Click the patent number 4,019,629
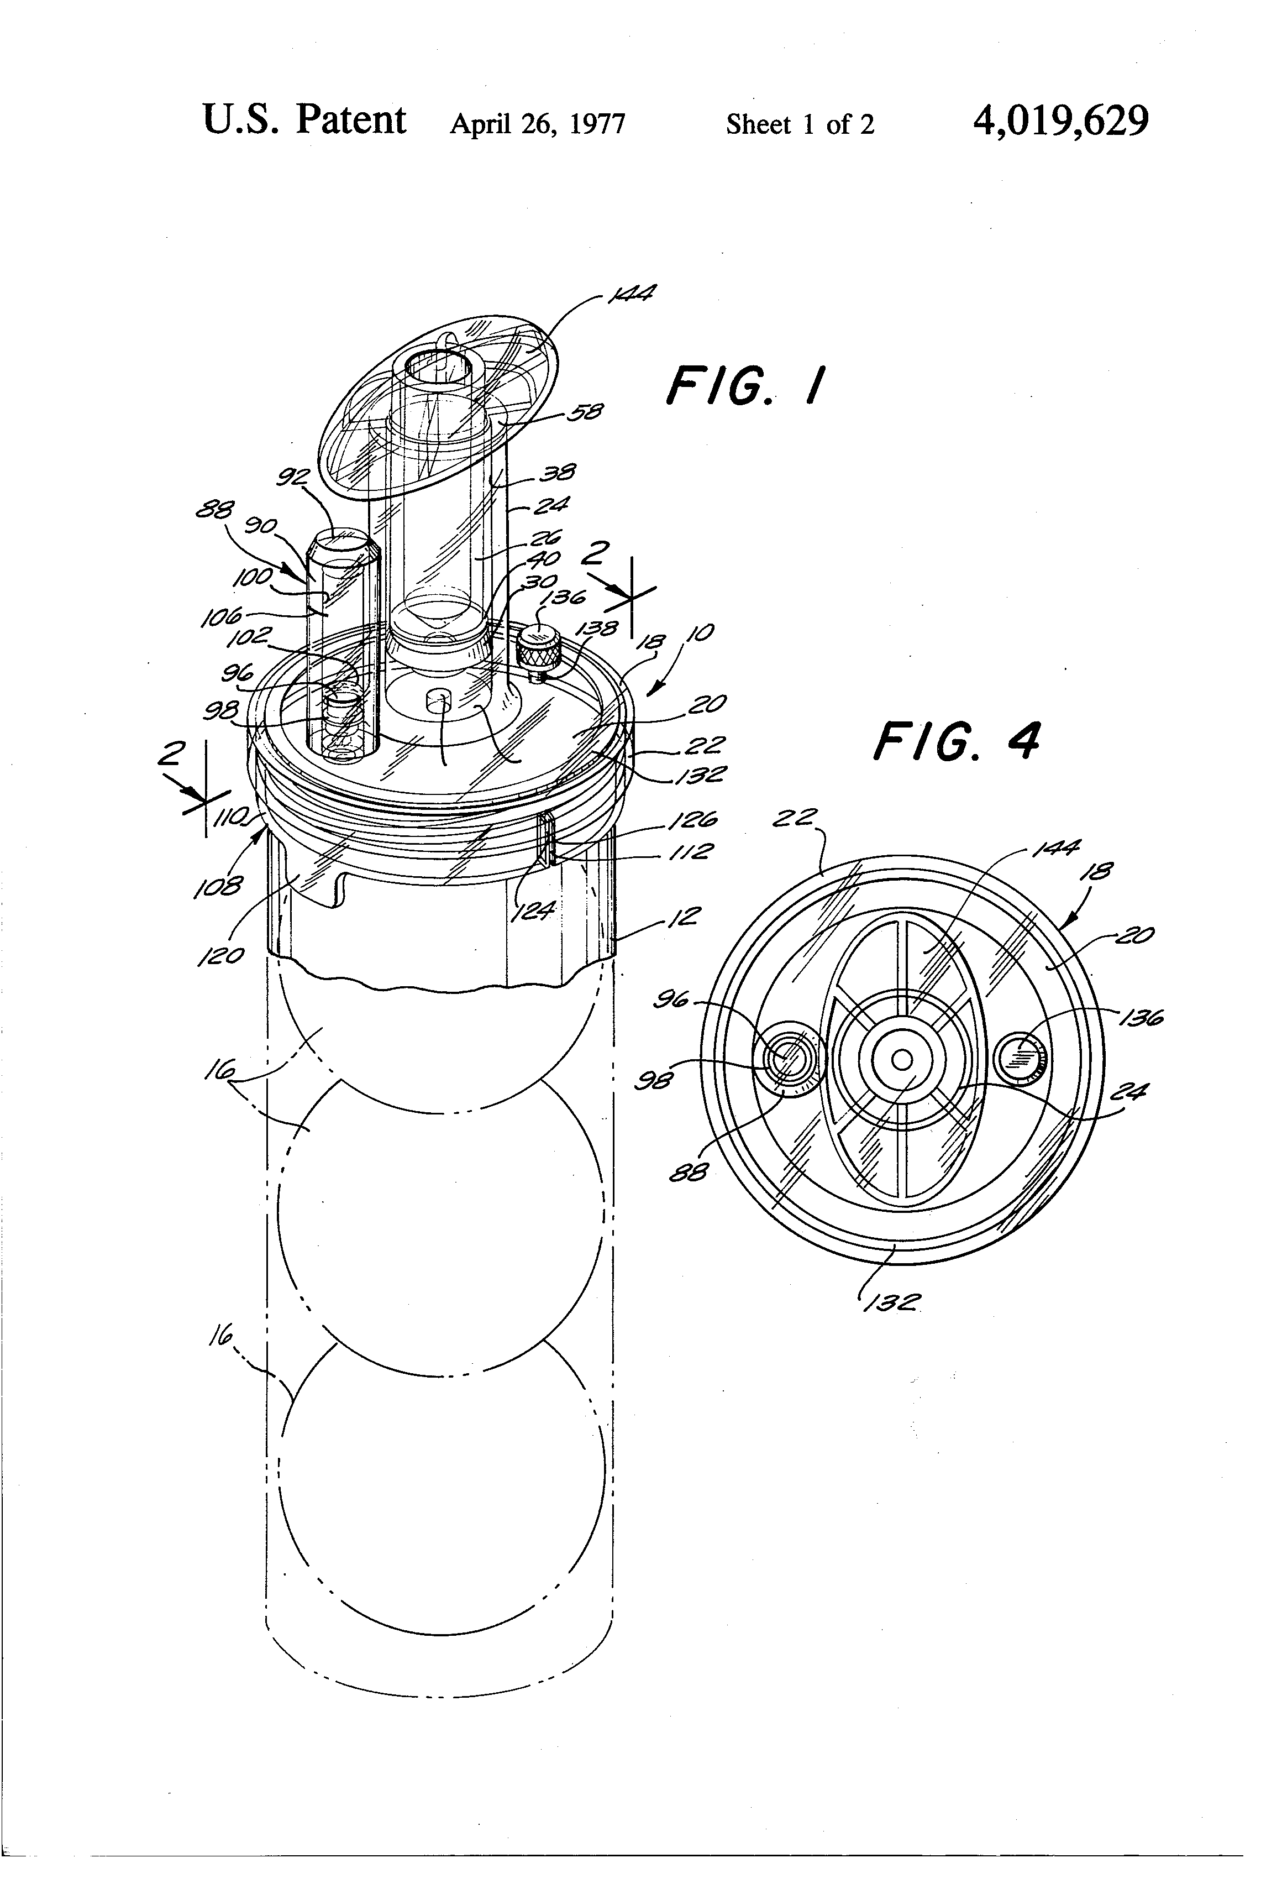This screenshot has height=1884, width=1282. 1061,122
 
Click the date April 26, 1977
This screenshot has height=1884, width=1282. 537,124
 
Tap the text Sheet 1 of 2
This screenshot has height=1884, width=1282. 800,124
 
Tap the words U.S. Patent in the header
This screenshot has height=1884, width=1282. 304,120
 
